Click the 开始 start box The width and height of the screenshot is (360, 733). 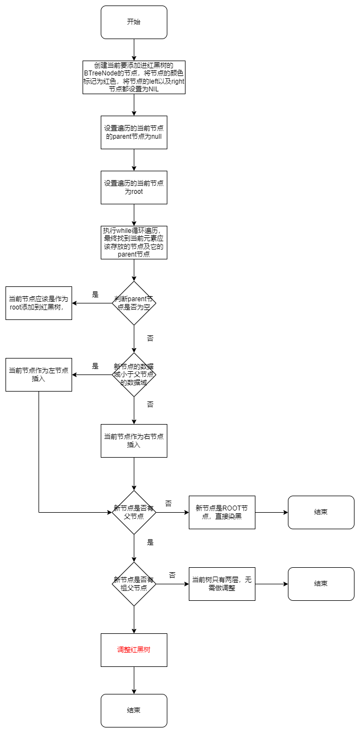134,22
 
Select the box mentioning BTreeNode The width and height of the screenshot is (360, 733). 134,77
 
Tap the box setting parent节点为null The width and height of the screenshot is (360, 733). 134,132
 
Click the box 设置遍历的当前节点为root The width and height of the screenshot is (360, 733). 134,187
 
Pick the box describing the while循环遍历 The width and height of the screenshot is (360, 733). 134,242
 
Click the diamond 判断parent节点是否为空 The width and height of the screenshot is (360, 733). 134,303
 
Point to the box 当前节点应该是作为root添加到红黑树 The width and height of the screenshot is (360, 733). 39,303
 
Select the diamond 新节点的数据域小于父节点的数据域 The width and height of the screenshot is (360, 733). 134,374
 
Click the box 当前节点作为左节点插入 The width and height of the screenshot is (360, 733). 39,374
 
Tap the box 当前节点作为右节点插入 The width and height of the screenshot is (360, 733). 134,441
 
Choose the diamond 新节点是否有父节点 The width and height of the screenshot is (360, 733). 134,512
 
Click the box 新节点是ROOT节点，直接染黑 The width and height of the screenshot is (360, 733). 222,512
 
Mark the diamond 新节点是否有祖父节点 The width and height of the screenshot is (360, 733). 134,584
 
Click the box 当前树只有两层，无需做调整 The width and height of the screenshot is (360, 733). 222,584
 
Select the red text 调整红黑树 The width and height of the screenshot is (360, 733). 134,650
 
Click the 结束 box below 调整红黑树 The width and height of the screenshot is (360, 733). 134,710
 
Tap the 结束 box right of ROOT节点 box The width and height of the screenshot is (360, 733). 321,512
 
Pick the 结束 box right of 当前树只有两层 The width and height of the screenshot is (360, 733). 321,584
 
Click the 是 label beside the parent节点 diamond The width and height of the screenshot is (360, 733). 95,295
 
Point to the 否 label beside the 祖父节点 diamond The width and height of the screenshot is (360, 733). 172,575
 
